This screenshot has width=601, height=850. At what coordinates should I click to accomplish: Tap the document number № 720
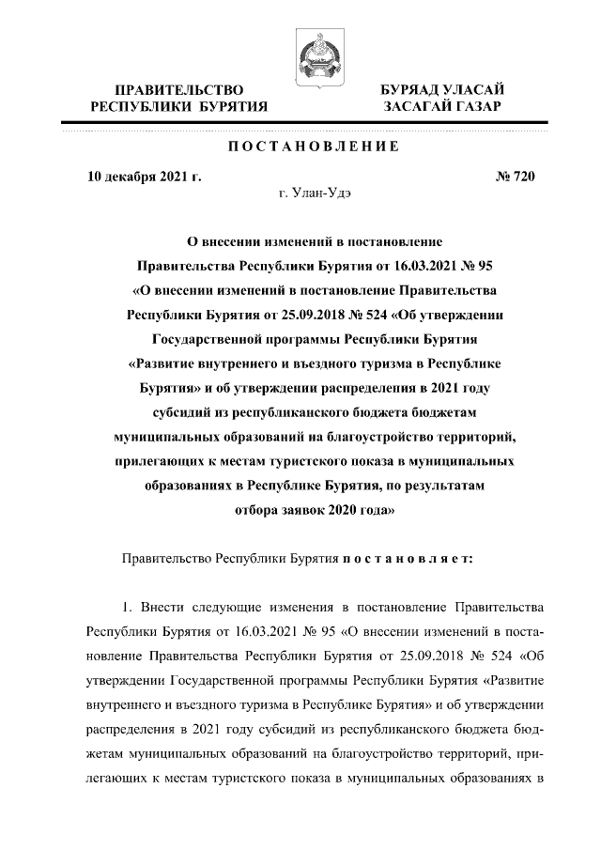click(x=514, y=176)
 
